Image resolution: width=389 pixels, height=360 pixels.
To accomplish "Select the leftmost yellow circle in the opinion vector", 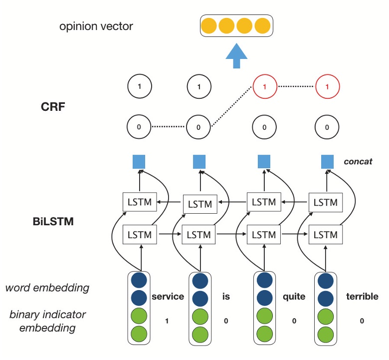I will click(209, 25).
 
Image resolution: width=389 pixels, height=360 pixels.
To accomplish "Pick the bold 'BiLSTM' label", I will click(50, 221).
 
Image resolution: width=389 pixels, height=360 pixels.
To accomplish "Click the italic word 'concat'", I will click(358, 162).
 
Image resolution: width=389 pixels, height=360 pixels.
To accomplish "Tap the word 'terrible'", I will click(362, 297).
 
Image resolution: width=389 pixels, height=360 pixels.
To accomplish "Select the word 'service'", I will click(168, 297).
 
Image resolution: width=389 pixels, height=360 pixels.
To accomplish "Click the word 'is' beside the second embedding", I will click(225, 297).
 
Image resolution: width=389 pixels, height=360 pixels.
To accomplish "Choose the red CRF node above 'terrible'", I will click(327, 87).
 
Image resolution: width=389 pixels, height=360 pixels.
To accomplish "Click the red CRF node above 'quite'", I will click(264, 87).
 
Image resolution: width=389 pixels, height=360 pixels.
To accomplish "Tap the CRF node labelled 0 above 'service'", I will click(139, 127).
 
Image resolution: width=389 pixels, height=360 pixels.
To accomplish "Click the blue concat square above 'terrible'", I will click(327, 162).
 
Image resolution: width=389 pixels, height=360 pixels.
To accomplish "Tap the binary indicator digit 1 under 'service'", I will click(167, 321).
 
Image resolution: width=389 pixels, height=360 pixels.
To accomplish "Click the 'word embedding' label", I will click(48, 288).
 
